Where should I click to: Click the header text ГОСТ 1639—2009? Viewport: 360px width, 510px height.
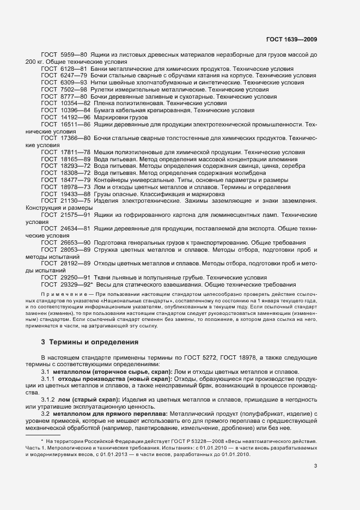coord(295,39)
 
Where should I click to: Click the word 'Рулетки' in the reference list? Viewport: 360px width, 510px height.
coord(105,89)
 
